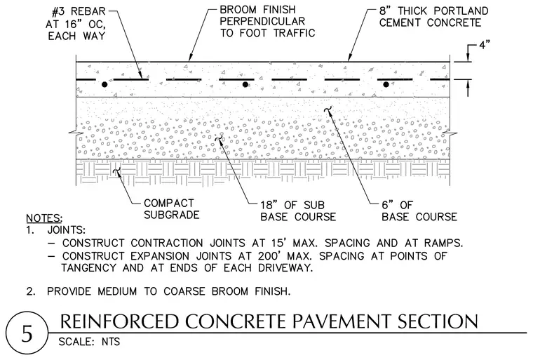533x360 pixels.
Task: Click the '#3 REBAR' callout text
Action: [79, 11]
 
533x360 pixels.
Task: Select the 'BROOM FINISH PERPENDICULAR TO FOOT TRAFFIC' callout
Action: [267, 21]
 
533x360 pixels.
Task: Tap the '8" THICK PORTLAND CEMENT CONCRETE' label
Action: [433, 17]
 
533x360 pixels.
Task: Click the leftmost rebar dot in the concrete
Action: [104, 84]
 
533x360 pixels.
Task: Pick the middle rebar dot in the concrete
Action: [245, 84]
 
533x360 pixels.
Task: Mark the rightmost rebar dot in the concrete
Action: [386, 84]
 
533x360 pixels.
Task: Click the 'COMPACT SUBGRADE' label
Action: [171, 209]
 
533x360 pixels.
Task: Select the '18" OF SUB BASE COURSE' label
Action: [298, 211]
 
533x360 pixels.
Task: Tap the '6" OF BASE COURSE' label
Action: [419, 211]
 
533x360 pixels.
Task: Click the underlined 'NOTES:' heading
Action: [44, 218]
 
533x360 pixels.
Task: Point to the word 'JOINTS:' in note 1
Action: [67, 230]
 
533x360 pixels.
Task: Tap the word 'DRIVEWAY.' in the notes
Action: [285, 268]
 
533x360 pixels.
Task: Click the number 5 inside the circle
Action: [27, 334]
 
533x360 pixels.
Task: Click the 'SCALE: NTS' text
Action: [89, 341]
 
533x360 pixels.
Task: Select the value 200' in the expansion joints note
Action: [269, 255]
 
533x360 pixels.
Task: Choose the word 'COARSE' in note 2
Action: [184, 292]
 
